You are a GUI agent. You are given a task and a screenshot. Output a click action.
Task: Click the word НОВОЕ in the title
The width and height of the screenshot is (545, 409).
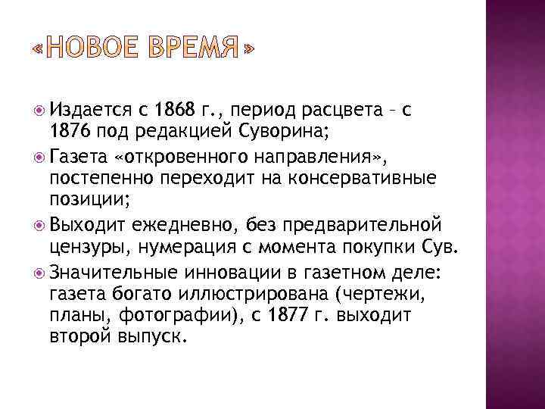(x=89, y=50)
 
